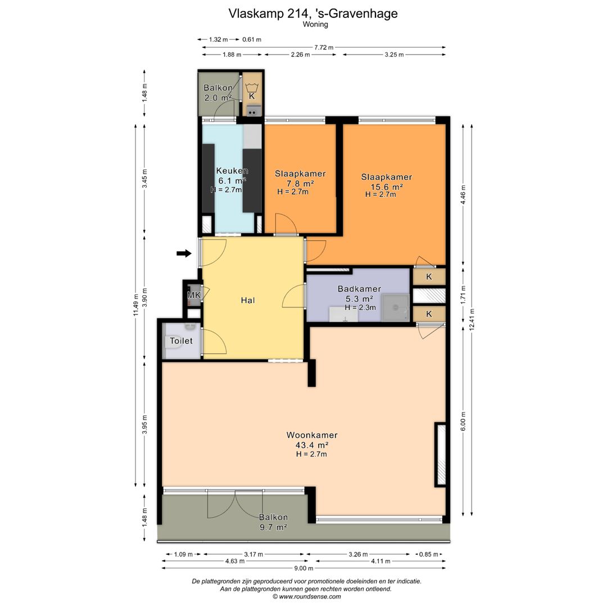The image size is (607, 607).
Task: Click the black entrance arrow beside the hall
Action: pos(184,253)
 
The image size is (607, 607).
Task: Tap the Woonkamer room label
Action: pos(312,435)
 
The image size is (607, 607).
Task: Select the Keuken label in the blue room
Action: pos(232,171)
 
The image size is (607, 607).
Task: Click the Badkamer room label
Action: pos(359,289)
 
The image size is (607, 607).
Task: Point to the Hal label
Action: pos(248,300)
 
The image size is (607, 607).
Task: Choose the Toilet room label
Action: pos(181,341)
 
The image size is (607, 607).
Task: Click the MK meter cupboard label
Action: pos(194,296)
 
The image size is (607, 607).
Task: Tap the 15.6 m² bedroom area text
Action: pos(387,187)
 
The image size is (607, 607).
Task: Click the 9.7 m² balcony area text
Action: pos(273,527)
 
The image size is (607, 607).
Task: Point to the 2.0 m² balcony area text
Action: pos(218,98)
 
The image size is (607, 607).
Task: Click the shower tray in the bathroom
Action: pos(395,308)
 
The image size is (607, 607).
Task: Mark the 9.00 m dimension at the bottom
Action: pos(303,568)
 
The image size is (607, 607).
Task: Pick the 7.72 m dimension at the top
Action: pos(324,47)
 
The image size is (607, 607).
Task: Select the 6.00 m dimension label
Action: pos(463,421)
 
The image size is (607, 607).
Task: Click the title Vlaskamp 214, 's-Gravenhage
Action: pos(313,13)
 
